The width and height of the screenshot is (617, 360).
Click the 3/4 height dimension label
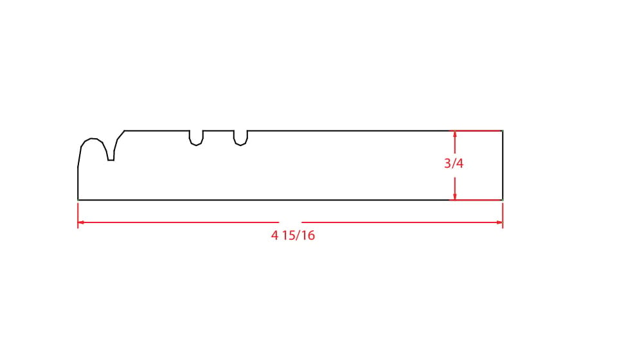point(454,163)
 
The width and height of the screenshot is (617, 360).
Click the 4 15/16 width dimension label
point(293,235)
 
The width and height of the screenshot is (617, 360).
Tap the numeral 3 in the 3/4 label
point(447,163)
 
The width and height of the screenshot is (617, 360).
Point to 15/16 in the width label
point(299,235)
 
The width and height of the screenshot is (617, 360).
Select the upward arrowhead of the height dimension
point(455,134)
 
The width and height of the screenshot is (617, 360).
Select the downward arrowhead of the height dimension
point(455,196)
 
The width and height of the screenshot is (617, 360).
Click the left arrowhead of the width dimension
point(81,222)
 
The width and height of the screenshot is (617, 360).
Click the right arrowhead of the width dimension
point(499,222)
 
